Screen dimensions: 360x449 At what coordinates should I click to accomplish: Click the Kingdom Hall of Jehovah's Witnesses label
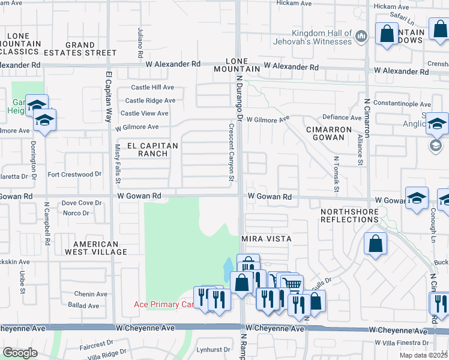pyautogui.click(x=321, y=37)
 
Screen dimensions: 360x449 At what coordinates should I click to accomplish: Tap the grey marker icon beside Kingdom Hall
pyautogui.click(x=361, y=37)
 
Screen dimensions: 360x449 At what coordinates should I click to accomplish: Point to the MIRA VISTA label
pyautogui.click(x=266, y=239)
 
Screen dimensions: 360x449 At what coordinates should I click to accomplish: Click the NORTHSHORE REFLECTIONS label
pyautogui.click(x=349, y=215)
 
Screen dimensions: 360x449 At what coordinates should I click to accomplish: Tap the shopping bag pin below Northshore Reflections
pyautogui.click(x=375, y=244)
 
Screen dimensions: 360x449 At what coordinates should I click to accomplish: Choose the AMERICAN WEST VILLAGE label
pyautogui.click(x=100, y=248)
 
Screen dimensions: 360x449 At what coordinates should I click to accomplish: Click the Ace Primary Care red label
pyautogui.click(x=164, y=305)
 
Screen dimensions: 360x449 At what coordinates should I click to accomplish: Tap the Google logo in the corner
pyautogui.click(x=19, y=353)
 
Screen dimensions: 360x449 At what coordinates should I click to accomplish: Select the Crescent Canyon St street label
pyautogui.click(x=231, y=152)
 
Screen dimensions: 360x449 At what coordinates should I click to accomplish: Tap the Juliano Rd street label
pyautogui.click(x=140, y=43)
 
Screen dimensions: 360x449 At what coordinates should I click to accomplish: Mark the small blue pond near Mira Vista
pyautogui.click(x=229, y=268)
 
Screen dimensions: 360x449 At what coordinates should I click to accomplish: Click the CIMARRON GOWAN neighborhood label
pyautogui.click(x=333, y=133)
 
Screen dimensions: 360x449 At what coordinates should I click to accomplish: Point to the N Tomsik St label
pyautogui.click(x=337, y=174)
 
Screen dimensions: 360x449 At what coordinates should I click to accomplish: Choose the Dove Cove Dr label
pyautogui.click(x=82, y=203)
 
